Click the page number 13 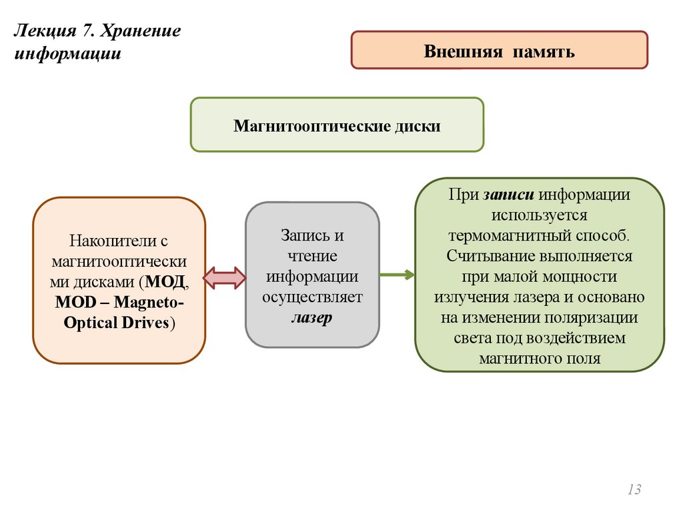coord(634,490)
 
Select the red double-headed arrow coord(224,277)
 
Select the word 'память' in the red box coord(544,51)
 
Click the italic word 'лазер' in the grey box coord(311,318)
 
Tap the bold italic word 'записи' coord(510,195)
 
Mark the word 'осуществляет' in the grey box coord(312,297)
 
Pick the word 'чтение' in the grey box coord(312,256)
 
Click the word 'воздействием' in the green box coord(582,338)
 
